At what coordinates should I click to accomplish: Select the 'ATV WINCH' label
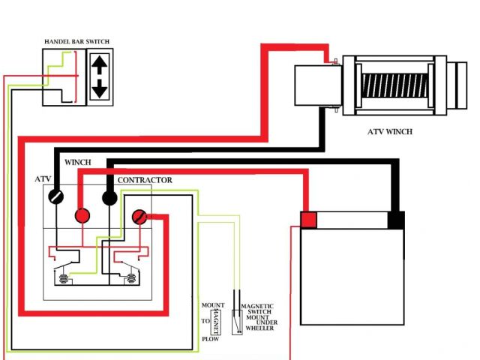[x=389, y=132]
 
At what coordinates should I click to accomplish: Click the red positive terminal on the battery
[x=308, y=220]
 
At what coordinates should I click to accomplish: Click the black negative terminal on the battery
[x=396, y=220]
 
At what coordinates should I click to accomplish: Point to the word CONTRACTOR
[x=145, y=180]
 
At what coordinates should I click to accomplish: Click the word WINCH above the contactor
[x=79, y=162]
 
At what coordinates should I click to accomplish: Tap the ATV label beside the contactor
[x=43, y=180]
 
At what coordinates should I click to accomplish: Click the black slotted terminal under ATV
[x=55, y=197]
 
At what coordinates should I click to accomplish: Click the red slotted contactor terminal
[x=139, y=217]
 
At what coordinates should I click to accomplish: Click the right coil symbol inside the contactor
[x=130, y=279]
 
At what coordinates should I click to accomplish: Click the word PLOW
[x=209, y=339]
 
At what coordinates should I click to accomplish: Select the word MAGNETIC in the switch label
[x=256, y=307]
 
